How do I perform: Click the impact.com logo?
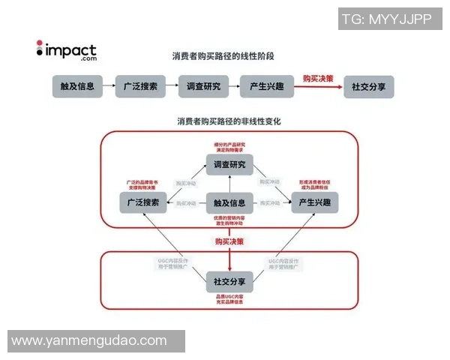tap(67, 49)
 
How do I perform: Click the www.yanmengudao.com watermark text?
tap(89, 340)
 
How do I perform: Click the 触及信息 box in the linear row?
tap(77, 86)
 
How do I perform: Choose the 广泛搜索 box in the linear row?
tap(140, 86)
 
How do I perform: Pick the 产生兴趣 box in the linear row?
tap(265, 86)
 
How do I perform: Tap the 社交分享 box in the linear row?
tap(368, 86)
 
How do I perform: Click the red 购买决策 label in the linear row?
tap(318, 78)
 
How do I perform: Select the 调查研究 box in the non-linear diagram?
tap(229, 165)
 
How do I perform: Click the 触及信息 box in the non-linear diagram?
tap(229, 202)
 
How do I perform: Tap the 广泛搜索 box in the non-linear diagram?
tap(143, 202)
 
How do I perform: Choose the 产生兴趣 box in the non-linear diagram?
tap(315, 202)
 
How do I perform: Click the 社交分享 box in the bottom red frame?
tap(229, 281)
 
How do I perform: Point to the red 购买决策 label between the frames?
tap(229, 241)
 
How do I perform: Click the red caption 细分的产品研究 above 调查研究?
tap(229, 144)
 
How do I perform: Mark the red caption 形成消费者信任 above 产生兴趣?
tap(315, 183)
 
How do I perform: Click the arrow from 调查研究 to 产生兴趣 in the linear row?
tap(232, 86)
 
